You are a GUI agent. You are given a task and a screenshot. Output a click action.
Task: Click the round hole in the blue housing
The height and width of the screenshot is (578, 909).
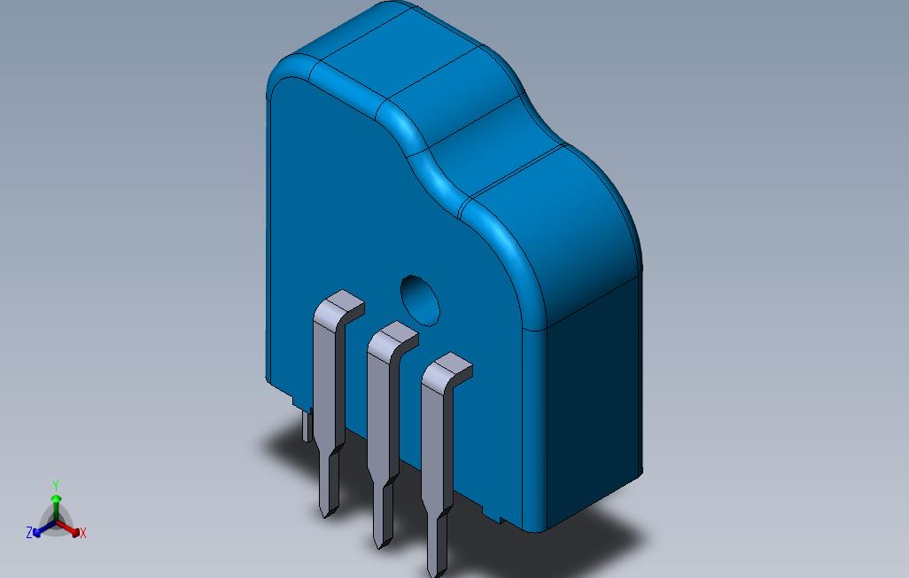pos(420,298)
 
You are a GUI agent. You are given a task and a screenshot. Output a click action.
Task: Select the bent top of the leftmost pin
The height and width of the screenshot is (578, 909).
pos(339,307)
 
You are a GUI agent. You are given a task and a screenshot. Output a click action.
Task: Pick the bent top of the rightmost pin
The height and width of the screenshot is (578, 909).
pos(447,369)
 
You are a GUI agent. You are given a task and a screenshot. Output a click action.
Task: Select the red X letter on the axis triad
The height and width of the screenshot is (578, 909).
pos(82,533)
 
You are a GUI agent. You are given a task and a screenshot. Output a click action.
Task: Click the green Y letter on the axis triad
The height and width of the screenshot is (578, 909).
pos(55,486)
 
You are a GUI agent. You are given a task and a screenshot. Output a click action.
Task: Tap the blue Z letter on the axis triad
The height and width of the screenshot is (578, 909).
pos(29,533)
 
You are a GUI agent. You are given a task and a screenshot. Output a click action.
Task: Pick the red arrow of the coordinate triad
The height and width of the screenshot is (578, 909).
pos(70,529)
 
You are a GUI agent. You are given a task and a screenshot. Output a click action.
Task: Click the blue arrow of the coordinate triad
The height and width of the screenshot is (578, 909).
pos(41,530)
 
